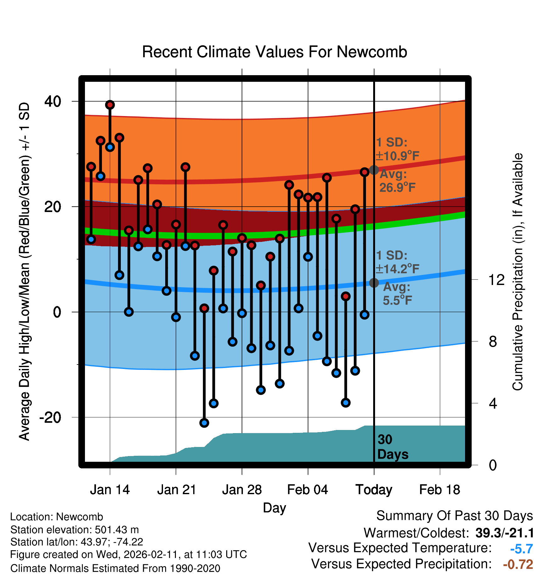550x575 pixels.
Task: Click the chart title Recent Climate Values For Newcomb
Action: (x=274, y=52)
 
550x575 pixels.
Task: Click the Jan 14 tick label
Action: (x=110, y=490)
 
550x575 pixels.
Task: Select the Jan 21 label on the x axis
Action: (x=177, y=490)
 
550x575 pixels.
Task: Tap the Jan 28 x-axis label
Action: (x=242, y=490)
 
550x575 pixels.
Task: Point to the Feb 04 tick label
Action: (x=308, y=490)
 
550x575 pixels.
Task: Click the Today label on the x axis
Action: (x=374, y=490)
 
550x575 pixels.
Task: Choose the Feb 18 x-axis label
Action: (x=440, y=490)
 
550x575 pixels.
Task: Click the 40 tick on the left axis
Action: (x=53, y=102)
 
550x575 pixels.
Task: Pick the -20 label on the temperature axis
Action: (x=50, y=418)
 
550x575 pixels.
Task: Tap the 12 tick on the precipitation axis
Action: (x=496, y=280)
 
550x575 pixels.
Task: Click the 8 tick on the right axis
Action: (x=493, y=342)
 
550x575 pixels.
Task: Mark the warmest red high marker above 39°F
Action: (x=110, y=105)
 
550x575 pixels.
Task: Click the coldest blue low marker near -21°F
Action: (x=204, y=423)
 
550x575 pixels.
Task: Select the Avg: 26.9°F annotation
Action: (x=397, y=181)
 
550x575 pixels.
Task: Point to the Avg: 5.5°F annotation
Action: (x=397, y=294)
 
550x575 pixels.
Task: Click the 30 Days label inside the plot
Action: (x=392, y=447)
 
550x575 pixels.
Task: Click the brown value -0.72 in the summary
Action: (x=518, y=564)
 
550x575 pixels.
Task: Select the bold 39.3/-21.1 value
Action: (x=504, y=533)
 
